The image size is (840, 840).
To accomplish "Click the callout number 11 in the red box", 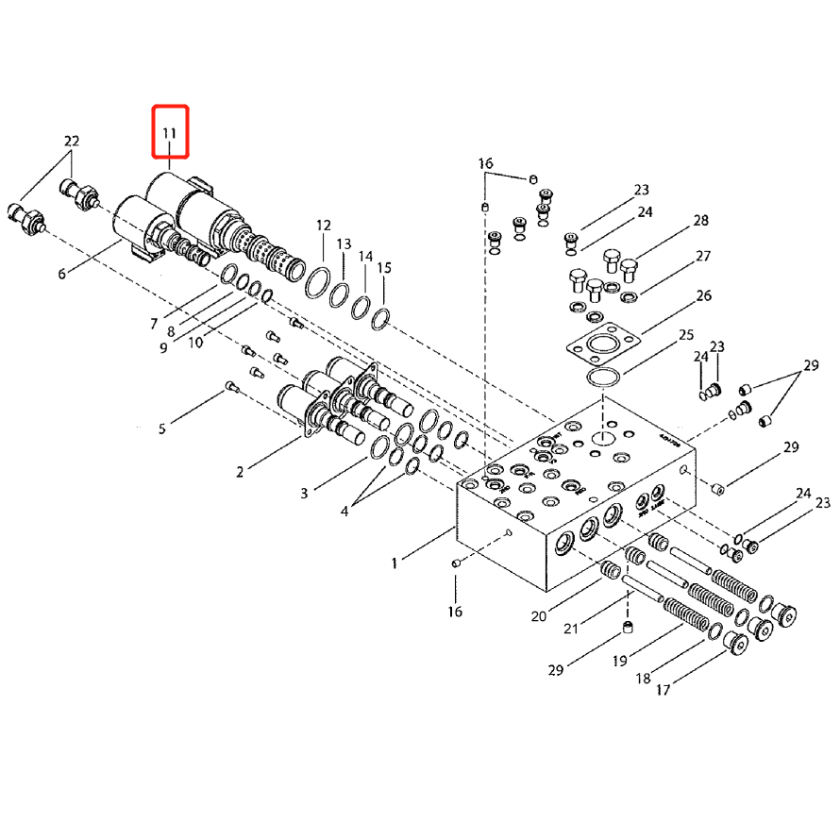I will (x=170, y=132).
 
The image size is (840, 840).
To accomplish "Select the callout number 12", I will (x=324, y=226).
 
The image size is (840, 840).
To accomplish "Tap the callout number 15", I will (x=384, y=269).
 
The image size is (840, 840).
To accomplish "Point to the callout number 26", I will (x=703, y=296).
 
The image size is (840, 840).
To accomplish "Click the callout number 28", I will (x=700, y=221).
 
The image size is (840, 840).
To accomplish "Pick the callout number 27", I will (x=703, y=257).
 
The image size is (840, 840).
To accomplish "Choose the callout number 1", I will (x=395, y=563).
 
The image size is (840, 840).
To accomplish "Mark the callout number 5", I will (x=162, y=429).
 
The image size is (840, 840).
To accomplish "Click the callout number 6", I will (x=62, y=274).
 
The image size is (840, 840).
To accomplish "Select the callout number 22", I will (x=72, y=142).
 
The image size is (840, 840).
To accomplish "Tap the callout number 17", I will (x=663, y=690).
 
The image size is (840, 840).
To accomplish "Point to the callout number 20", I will (x=538, y=617).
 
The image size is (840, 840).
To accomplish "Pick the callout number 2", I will (x=240, y=472).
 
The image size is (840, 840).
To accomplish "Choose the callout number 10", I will (x=195, y=343).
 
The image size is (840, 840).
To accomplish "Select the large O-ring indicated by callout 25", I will (x=602, y=379).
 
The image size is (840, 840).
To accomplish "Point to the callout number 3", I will (x=305, y=494).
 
